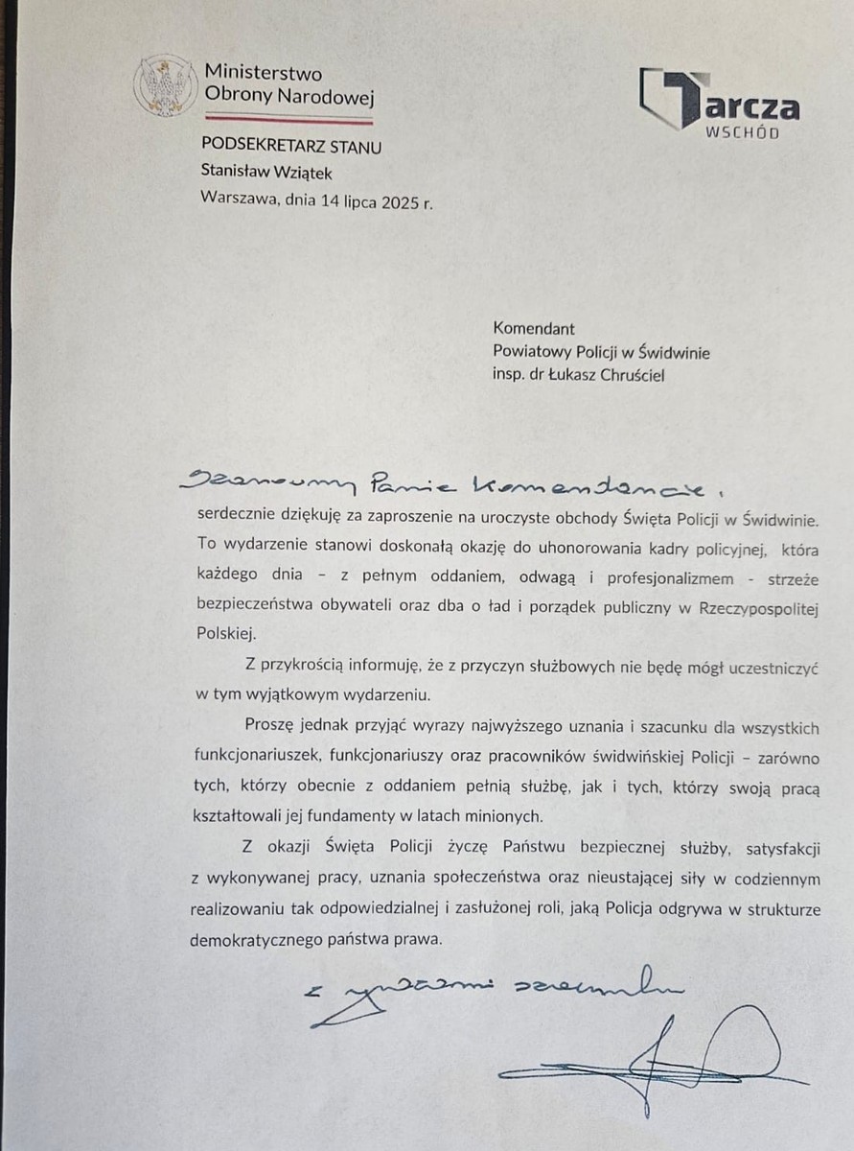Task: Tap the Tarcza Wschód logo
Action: coord(719,104)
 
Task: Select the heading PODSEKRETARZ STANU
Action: coord(291,147)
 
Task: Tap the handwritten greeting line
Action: coord(450,484)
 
